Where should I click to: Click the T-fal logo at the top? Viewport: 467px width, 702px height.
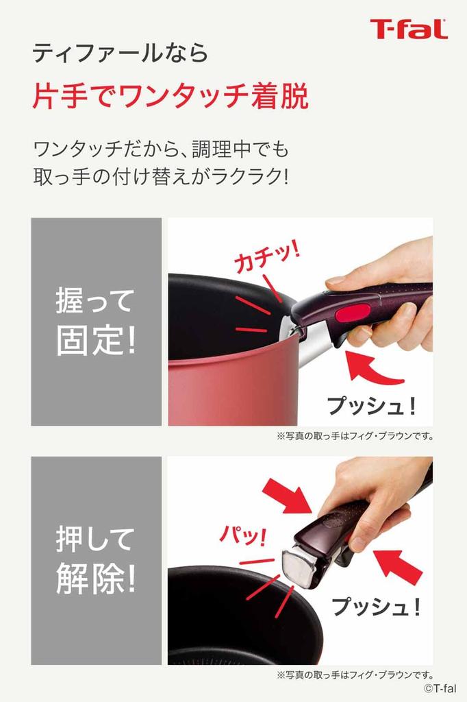click(408, 29)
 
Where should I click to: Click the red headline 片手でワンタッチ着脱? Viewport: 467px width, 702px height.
click(170, 97)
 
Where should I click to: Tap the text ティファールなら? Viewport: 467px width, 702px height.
click(120, 53)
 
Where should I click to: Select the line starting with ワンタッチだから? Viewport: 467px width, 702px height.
click(161, 148)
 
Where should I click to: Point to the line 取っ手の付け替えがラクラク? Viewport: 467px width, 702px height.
click(161, 177)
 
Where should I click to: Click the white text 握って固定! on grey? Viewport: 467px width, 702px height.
click(96, 322)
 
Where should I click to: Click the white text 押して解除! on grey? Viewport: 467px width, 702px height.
click(96, 561)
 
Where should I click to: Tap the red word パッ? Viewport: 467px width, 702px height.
click(241, 535)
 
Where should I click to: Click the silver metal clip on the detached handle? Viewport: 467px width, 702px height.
click(300, 566)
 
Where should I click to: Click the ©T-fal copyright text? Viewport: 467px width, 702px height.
click(439, 688)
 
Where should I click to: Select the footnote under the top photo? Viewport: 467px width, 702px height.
click(355, 436)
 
